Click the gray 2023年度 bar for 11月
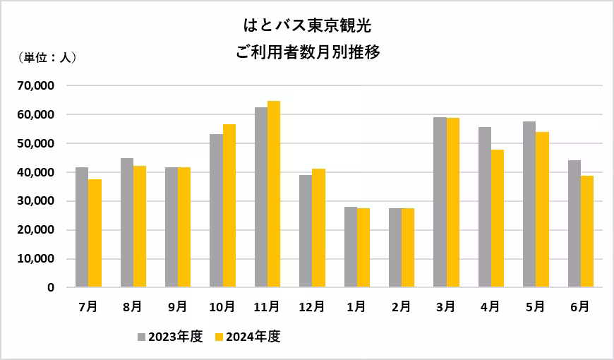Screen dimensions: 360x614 tap(261, 198)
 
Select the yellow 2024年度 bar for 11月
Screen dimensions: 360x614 tap(274, 194)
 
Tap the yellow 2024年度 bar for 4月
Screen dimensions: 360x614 tap(498, 219)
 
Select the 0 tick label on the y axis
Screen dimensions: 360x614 tap(51, 288)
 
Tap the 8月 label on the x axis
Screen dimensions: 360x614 tap(133, 307)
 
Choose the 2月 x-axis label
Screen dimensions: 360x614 tap(401, 307)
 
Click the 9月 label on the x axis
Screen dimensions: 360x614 tap(178, 307)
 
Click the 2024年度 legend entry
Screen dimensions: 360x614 tap(248, 337)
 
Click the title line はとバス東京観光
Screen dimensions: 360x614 tap(306, 27)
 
